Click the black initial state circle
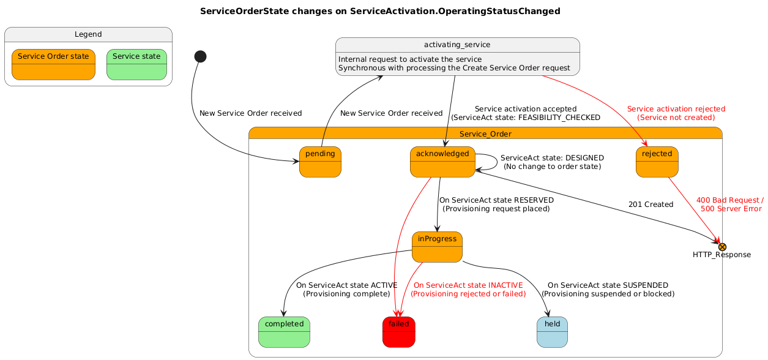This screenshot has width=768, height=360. click(x=200, y=56)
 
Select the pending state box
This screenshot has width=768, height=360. click(x=320, y=162)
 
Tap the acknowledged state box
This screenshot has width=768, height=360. click(x=442, y=162)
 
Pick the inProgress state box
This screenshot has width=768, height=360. click(x=437, y=247)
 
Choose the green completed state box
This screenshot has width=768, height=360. click(x=284, y=332)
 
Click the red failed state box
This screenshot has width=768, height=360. click(x=399, y=332)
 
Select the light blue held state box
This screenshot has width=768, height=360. click(x=552, y=332)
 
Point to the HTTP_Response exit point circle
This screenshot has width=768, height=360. click(x=722, y=246)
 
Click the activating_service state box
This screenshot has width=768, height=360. click(x=458, y=56)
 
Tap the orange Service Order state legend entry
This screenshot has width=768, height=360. click(x=54, y=65)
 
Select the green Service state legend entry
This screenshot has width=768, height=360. click(x=136, y=65)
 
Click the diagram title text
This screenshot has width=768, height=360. click(x=380, y=11)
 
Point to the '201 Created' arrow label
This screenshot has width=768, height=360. click(x=651, y=204)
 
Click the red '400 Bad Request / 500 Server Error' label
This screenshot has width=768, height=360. click(x=730, y=204)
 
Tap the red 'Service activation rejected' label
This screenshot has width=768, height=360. click(x=676, y=113)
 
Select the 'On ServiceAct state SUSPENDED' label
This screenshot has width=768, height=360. click(x=608, y=290)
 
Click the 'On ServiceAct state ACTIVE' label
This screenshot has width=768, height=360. click(x=346, y=290)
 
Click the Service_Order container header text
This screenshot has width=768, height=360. click(x=485, y=134)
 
